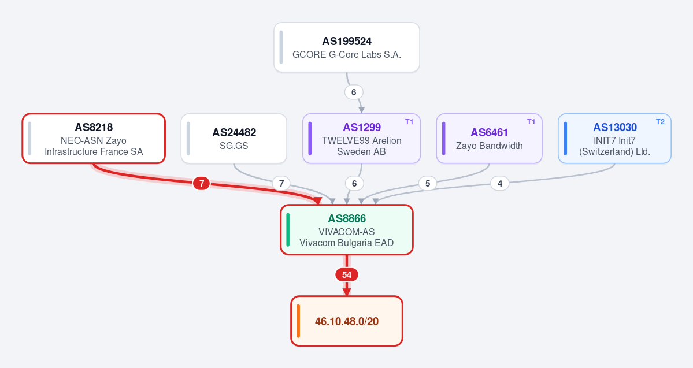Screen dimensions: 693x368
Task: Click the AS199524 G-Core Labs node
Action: [x=347, y=47]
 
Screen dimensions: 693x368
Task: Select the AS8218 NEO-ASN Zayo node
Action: [x=94, y=139]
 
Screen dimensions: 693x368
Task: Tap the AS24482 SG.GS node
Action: [x=234, y=139]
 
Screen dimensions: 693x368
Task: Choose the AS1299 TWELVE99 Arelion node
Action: [x=361, y=139]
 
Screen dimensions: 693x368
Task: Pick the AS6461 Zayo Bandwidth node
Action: [x=489, y=139]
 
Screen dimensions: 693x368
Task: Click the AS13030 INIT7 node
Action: [x=614, y=139]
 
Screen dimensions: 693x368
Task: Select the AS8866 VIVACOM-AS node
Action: [x=347, y=230]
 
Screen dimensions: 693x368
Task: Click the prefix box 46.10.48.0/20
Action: [x=347, y=321]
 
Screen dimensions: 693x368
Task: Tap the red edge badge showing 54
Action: [x=347, y=275]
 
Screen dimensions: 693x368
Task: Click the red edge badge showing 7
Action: [x=202, y=183]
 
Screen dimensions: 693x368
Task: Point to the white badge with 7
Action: [x=281, y=183]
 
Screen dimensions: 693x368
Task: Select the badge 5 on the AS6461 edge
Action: [x=427, y=183]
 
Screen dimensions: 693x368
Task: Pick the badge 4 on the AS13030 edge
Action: [x=500, y=183]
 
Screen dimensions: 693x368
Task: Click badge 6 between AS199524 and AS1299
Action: [x=354, y=92]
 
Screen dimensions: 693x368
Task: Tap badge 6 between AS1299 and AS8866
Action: [x=354, y=183]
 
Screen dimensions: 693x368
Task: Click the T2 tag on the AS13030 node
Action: [x=660, y=122]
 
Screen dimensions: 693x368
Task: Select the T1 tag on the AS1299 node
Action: [x=409, y=122]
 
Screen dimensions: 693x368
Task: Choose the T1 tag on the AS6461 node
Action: [x=531, y=122]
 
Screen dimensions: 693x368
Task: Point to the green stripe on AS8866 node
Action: [x=288, y=230]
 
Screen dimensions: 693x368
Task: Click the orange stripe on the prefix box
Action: [x=298, y=321]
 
